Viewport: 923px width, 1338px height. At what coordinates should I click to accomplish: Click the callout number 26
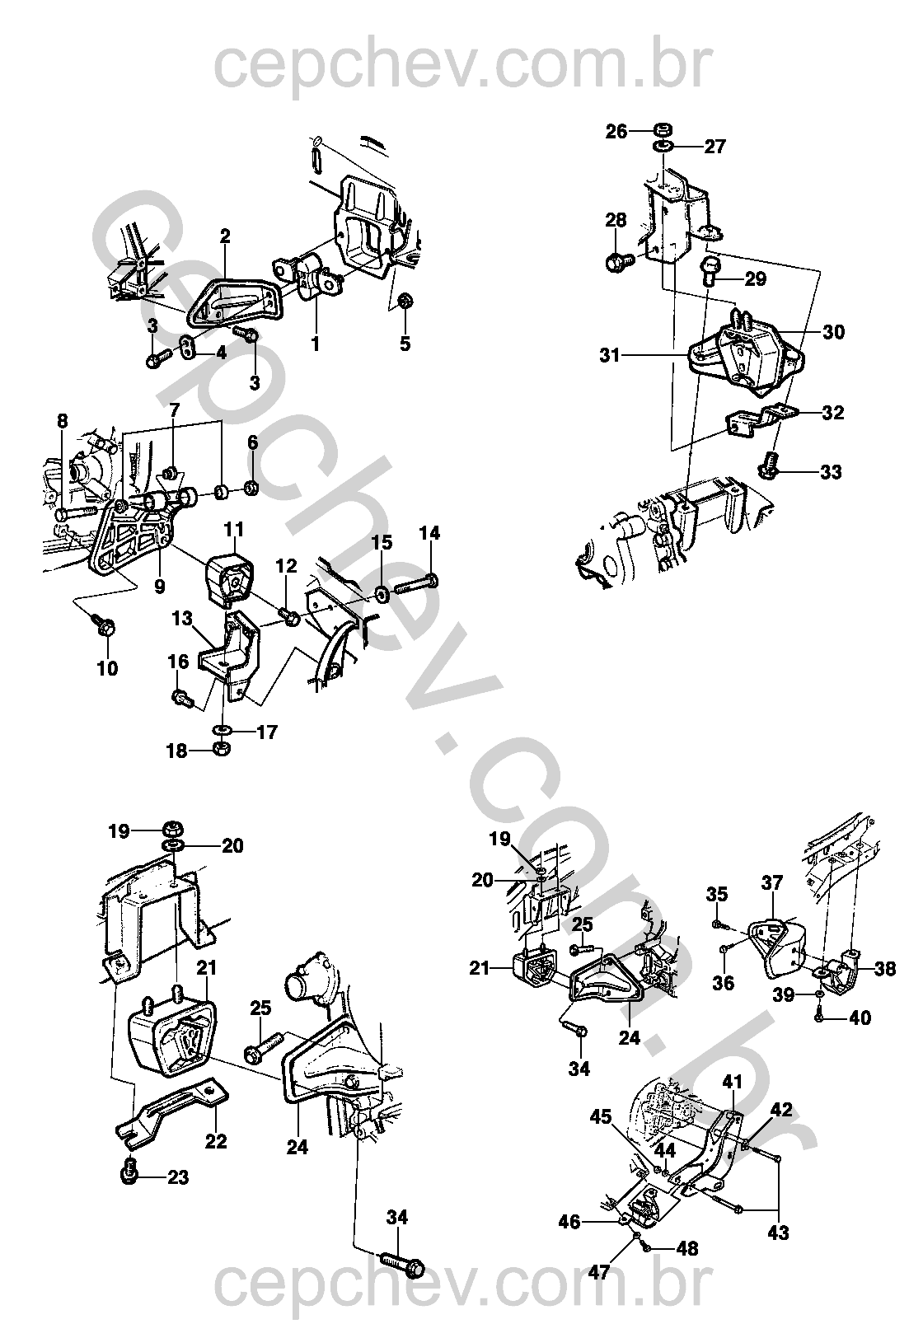[x=616, y=131]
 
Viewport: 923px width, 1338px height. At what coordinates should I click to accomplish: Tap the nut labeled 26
[x=661, y=129]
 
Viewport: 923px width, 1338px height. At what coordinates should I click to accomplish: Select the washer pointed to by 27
[x=663, y=146]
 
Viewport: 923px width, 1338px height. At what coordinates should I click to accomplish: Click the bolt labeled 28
[x=619, y=261]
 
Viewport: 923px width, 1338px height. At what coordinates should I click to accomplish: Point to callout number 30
[x=833, y=331]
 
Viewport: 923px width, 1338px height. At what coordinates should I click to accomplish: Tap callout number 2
[x=225, y=236]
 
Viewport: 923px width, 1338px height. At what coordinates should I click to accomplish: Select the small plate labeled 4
[x=189, y=347]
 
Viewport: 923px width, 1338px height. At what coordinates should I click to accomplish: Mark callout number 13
[x=182, y=618]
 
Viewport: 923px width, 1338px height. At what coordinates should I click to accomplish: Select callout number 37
[x=772, y=882]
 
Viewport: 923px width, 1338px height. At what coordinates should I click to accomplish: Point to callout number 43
[x=779, y=1233]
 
